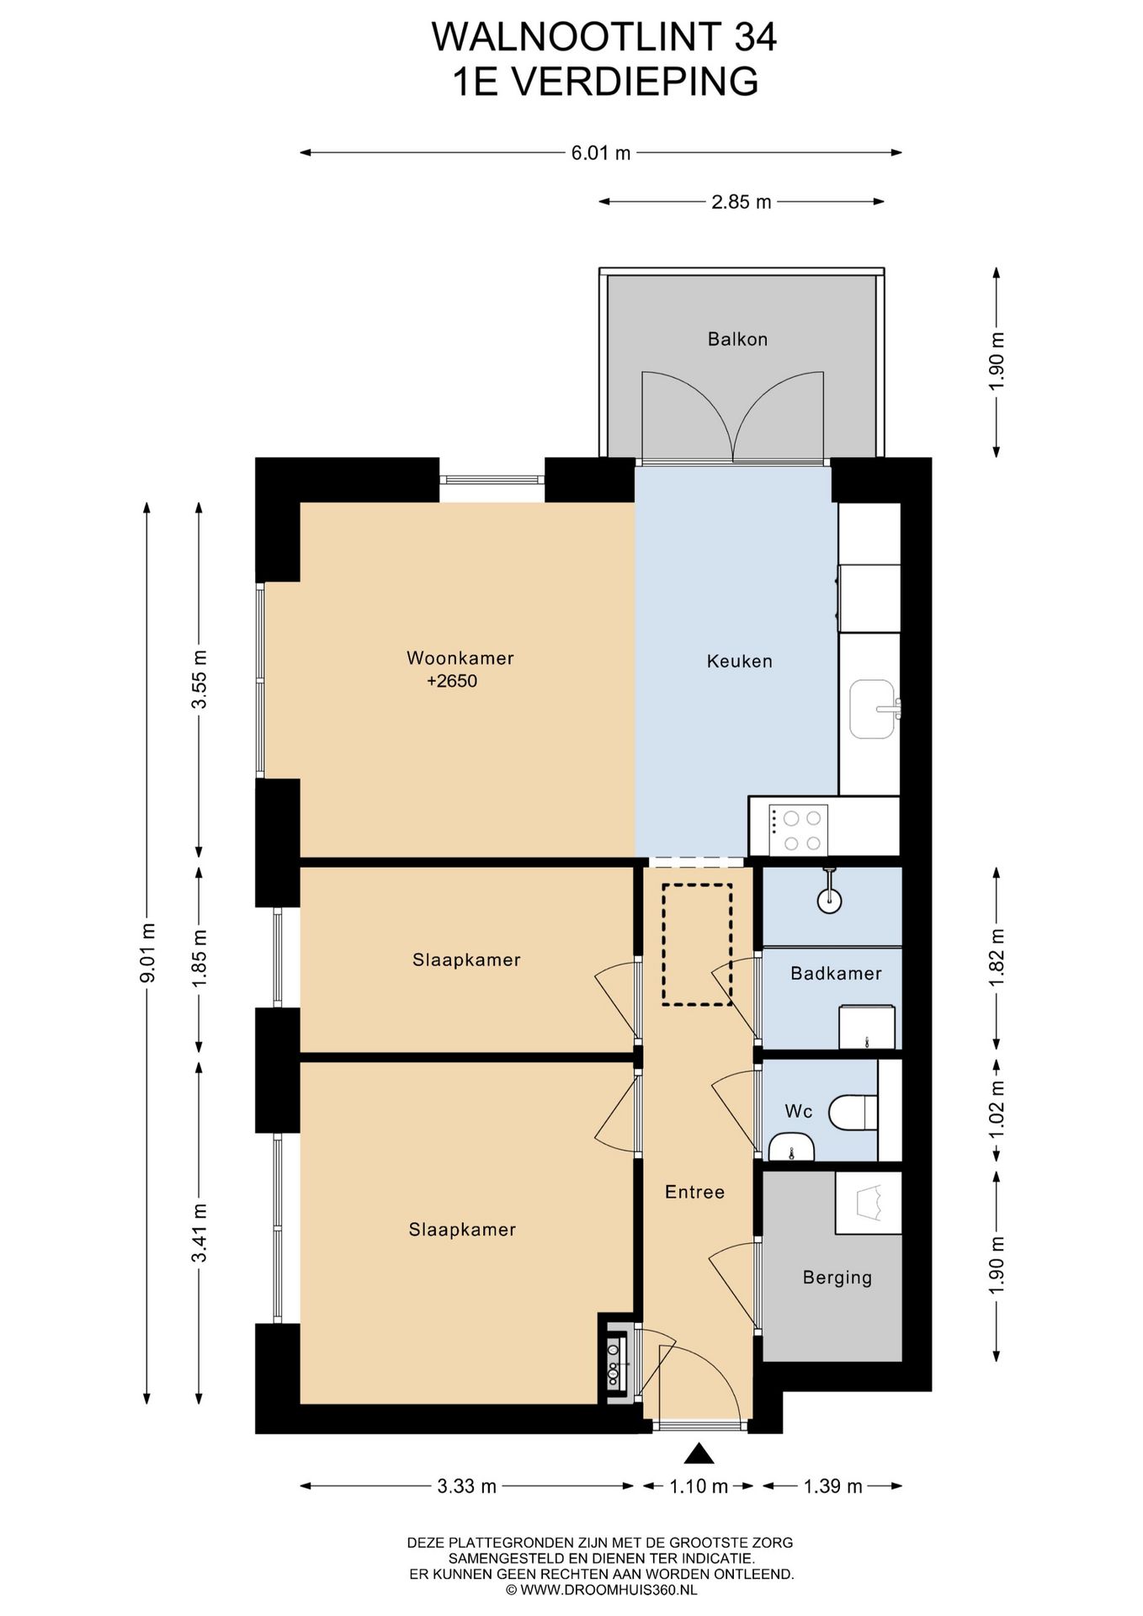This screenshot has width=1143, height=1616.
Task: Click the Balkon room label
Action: pyautogui.click(x=737, y=339)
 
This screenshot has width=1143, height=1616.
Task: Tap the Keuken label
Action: pyautogui.click(x=739, y=661)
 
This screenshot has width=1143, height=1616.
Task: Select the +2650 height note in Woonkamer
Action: pyautogui.click(x=452, y=681)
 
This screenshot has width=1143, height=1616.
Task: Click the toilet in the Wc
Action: pyautogui.click(x=853, y=1112)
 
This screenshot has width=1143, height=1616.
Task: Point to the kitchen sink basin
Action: pyautogui.click(x=871, y=709)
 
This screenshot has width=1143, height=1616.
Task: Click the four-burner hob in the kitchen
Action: pyautogui.click(x=798, y=830)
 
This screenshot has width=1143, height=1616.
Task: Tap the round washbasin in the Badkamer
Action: pyautogui.click(x=829, y=900)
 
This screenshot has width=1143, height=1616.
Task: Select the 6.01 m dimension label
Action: pyautogui.click(x=601, y=153)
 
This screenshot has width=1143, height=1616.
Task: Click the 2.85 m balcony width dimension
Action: pyautogui.click(x=742, y=202)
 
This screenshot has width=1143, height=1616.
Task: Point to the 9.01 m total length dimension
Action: pyautogui.click(x=148, y=953)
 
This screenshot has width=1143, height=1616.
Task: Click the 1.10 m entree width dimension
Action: pyautogui.click(x=699, y=1486)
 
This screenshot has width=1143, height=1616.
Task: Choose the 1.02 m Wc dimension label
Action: pyautogui.click(x=997, y=1108)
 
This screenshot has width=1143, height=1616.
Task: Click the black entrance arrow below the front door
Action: pyautogui.click(x=699, y=1454)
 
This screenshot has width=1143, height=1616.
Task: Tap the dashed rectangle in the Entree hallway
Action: pyautogui.click(x=697, y=944)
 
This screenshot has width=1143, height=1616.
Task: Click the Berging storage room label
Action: pyautogui.click(x=837, y=1278)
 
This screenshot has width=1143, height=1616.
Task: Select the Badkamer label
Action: pyautogui.click(x=836, y=973)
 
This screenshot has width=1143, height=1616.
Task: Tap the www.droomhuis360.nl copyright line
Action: pyautogui.click(x=601, y=1590)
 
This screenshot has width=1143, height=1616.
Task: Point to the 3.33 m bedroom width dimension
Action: pyautogui.click(x=466, y=1486)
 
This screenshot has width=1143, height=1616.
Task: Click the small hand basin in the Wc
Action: pyautogui.click(x=791, y=1146)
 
